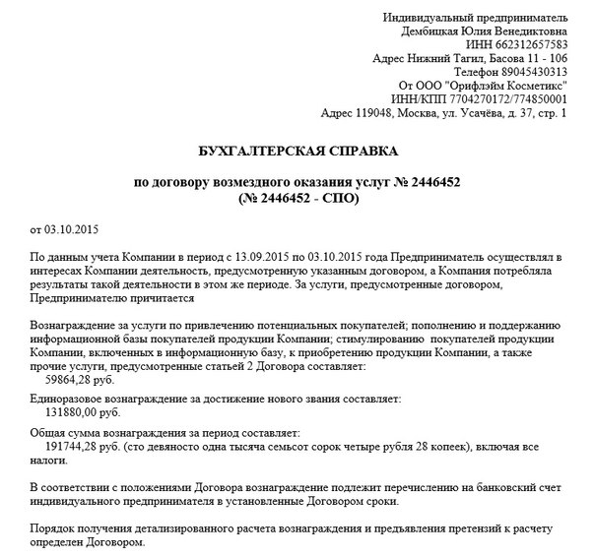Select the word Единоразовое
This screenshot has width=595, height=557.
75,399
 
